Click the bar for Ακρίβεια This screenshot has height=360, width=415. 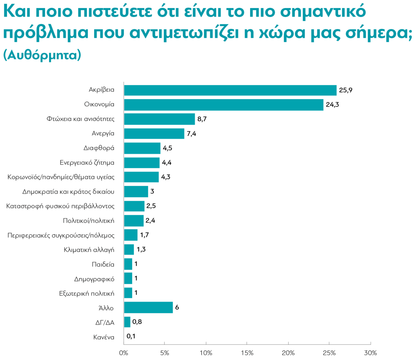point(230,90)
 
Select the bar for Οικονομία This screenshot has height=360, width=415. point(223,105)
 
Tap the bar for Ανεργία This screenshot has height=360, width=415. point(154,133)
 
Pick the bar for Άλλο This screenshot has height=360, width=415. point(148,307)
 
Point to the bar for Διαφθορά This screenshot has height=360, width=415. point(142,148)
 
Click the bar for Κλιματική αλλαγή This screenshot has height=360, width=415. point(129,249)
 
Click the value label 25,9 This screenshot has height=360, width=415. point(345,90)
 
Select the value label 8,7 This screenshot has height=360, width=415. point(202,119)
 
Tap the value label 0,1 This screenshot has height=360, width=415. point(131,336)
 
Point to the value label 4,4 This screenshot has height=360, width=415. point(167,162)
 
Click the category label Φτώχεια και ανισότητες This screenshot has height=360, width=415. point(80,119)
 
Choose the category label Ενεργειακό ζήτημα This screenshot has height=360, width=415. point(87,163)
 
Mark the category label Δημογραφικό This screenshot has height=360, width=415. point(94,279)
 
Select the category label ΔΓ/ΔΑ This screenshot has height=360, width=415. point(105,323)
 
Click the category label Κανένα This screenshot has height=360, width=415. point(103,337)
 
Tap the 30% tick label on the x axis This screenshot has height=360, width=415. point(370,353)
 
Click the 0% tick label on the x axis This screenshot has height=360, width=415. point(123,353)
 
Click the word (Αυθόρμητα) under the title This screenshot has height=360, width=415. point(42,55)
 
